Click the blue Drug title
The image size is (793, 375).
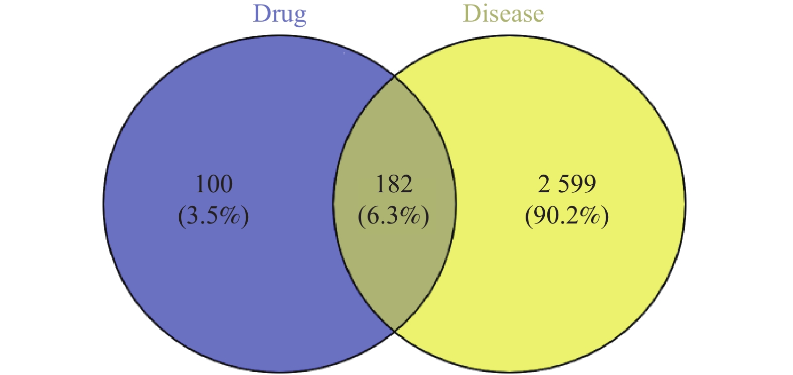[x=280, y=14]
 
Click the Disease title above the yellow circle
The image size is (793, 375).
[x=503, y=14]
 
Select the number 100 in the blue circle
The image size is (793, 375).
[x=213, y=184]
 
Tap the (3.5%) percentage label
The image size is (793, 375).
[x=213, y=216]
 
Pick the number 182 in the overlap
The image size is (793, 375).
[x=394, y=184]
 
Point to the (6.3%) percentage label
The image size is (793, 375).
[x=394, y=216]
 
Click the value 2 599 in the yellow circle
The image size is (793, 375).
[x=567, y=184]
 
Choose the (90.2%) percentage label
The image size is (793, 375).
[x=567, y=216]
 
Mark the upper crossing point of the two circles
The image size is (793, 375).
[x=394, y=77]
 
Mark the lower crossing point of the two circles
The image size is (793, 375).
[x=394, y=331]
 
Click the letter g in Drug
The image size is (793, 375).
[x=299, y=17]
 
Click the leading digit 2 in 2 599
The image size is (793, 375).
[x=544, y=184]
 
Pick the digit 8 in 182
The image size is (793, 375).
[x=394, y=184]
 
